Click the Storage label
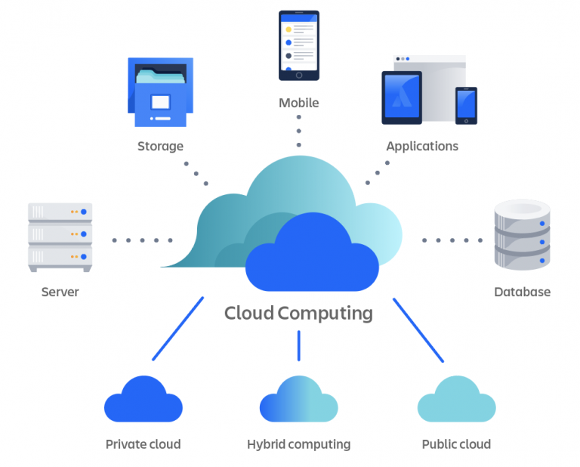[x=160, y=146]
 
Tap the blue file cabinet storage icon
[x=160, y=92]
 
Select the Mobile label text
[x=298, y=103]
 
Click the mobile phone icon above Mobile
[x=298, y=45]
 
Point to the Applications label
[x=422, y=146]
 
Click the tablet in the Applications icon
[x=401, y=97]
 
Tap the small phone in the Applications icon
[x=465, y=105]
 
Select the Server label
[x=60, y=292]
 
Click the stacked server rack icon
[x=60, y=236]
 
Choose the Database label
[x=522, y=292]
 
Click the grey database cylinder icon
[x=522, y=234]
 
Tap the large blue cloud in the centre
[x=311, y=257]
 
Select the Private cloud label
[x=143, y=444]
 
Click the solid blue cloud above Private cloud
[x=143, y=401]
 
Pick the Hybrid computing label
[x=298, y=444]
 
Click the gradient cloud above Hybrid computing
[x=298, y=401]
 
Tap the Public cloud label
[x=456, y=444]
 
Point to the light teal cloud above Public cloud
[x=456, y=401]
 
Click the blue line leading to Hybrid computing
[x=298, y=345]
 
